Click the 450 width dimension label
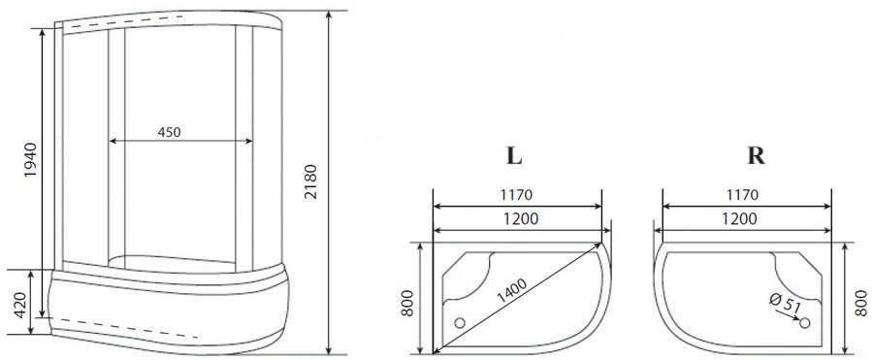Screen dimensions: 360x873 tap(169, 132)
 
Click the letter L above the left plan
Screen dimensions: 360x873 tap(515, 158)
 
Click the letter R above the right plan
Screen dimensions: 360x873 tap(751, 158)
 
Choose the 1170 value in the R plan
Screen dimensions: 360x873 tap(740, 195)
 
